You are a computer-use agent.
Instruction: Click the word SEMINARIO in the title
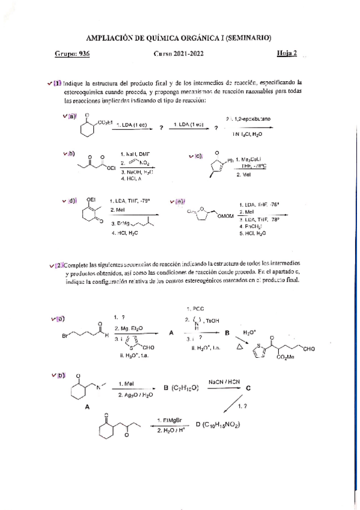click(245, 37)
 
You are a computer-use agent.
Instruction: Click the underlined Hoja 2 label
click(287, 54)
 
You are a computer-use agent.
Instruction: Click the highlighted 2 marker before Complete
click(58, 265)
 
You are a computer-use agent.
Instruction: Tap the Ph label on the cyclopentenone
click(229, 160)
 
